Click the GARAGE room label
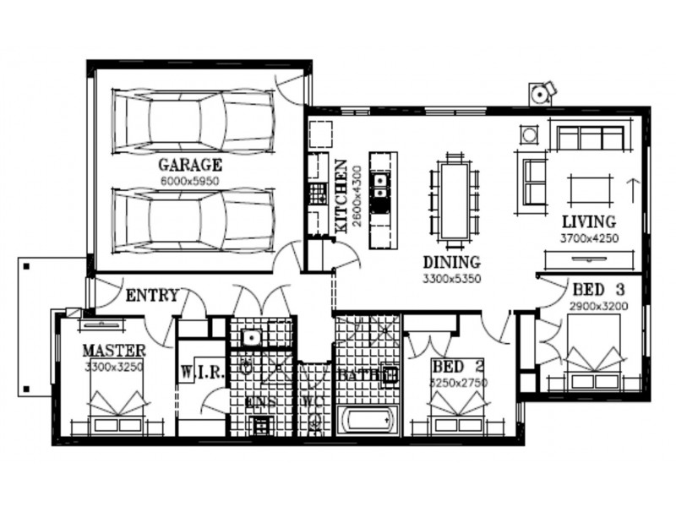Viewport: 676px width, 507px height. pyautogui.click(x=190, y=165)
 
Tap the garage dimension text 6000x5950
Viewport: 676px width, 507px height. pyautogui.click(x=190, y=180)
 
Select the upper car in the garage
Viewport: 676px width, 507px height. pyautogui.click(x=194, y=120)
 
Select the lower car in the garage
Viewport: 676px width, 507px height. pyautogui.click(x=194, y=220)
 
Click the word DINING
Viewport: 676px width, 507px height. pyautogui.click(x=452, y=262)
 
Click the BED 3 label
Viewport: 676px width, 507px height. pyautogui.click(x=598, y=286)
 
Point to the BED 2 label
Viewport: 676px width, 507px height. pyautogui.click(x=458, y=367)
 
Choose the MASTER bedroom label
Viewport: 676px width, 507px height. pyautogui.click(x=114, y=351)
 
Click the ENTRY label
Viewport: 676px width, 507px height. pyautogui.click(x=152, y=296)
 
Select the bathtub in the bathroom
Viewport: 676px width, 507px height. pyautogui.click(x=366, y=419)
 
